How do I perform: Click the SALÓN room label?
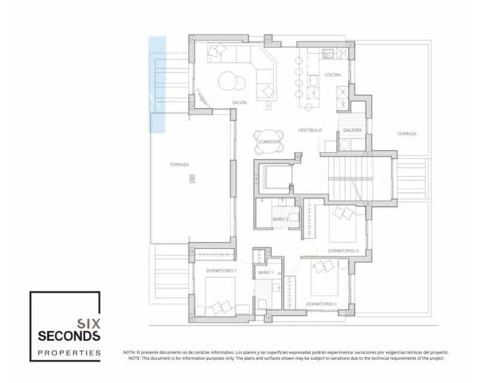click(239, 102)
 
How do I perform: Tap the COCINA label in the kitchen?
click(333, 75)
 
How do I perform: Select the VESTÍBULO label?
click(310, 130)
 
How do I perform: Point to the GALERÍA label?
click(352, 130)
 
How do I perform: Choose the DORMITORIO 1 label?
click(221, 271)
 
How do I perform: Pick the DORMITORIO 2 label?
click(321, 304)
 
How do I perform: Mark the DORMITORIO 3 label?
click(342, 251)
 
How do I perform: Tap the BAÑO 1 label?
click(266, 273)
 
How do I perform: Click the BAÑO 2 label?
click(281, 220)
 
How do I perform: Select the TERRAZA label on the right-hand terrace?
click(406, 134)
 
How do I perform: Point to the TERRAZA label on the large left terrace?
click(179, 165)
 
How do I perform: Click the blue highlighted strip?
click(157, 84)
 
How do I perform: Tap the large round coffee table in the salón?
click(229, 81)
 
